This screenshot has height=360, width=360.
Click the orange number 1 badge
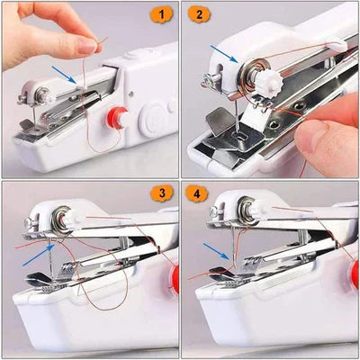[x=162, y=14]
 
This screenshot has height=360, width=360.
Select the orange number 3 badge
[x=162, y=193]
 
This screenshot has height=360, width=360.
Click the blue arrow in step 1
[x=64, y=74]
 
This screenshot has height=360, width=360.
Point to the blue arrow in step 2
[x=225, y=55]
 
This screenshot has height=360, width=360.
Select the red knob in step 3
[x=175, y=279]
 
